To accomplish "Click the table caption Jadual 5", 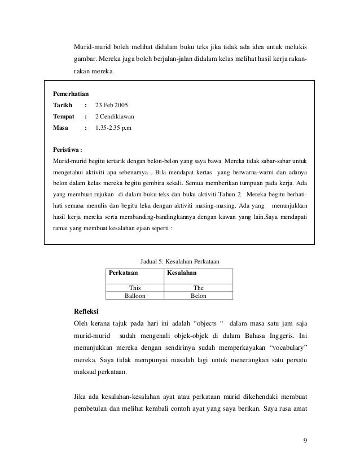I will (x=179, y=261).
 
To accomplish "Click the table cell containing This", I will (x=135, y=287).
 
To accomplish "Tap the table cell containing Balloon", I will (x=135, y=295).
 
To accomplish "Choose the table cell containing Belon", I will (x=198, y=295).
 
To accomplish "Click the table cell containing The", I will (x=198, y=287).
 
